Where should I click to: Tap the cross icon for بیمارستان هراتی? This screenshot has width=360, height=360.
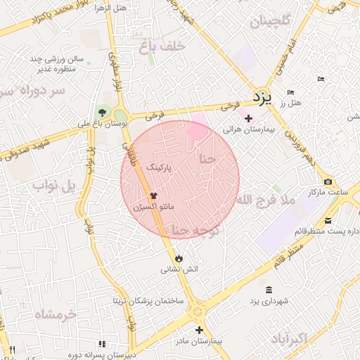pyautogui.click(x=248, y=119)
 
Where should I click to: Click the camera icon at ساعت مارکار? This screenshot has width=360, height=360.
pyautogui.click(x=328, y=182)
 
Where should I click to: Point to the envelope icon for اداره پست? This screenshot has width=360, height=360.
pyautogui.click(x=328, y=221)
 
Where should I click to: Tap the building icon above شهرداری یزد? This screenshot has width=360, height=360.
pyautogui.click(x=269, y=290)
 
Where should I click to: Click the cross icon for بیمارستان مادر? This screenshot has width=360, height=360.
pyautogui.click(x=199, y=329)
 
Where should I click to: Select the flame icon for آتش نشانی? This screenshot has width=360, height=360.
pyautogui.click(x=179, y=257)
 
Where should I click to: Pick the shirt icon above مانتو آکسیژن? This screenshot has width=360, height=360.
pyautogui.click(x=154, y=196)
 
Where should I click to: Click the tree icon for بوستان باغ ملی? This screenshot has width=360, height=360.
pyautogui.click(x=103, y=112)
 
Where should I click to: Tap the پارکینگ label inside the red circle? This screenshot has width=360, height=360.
pyautogui.click(x=157, y=168)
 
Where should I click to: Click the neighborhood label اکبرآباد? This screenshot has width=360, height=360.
pyautogui.click(x=288, y=338)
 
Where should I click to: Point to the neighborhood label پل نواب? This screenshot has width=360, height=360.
pyautogui.click(x=53, y=186)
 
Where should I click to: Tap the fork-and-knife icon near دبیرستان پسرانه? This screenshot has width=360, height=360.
pyautogui.click(x=101, y=344)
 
